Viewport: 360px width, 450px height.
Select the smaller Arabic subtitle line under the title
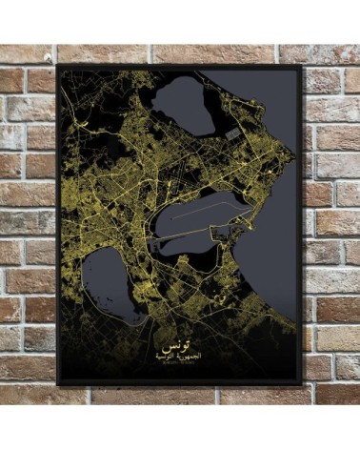[x=173, y=355]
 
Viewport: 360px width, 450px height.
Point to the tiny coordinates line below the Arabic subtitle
[x=173, y=363]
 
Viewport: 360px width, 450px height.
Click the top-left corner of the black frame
[x=58, y=66]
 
